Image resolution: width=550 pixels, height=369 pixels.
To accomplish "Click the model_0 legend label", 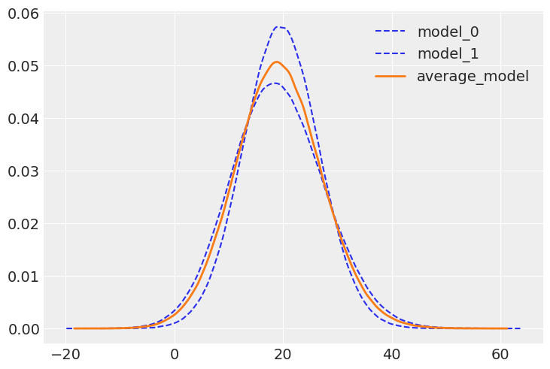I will click(448, 32).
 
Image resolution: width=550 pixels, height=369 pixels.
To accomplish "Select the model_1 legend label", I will click(448, 54).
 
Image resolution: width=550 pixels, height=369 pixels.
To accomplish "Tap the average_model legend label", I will click(473, 76).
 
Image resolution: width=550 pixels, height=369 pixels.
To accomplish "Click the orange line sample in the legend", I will click(390, 77).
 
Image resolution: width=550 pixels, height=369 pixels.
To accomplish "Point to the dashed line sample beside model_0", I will click(390, 32).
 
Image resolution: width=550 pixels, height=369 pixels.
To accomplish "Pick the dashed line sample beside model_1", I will click(390, 54).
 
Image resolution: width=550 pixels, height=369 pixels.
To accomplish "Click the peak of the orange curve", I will click(276, 62).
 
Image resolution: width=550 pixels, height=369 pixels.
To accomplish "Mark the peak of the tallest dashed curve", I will click(280, 27).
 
